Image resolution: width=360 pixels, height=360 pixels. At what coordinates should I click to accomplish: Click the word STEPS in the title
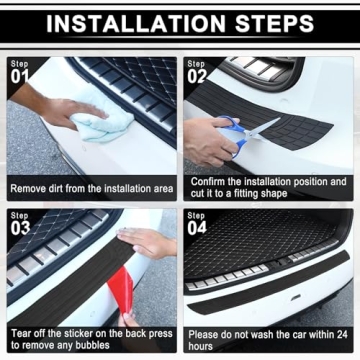(283, 24)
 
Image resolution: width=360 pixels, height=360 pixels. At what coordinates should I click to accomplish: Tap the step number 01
(20, 75)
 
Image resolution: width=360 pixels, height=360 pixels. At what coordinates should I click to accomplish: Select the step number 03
(20, 228)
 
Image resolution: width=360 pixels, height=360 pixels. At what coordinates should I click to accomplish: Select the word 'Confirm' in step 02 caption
(211, 182)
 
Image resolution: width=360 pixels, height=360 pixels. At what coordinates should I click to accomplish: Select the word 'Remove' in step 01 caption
(30, 188)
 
